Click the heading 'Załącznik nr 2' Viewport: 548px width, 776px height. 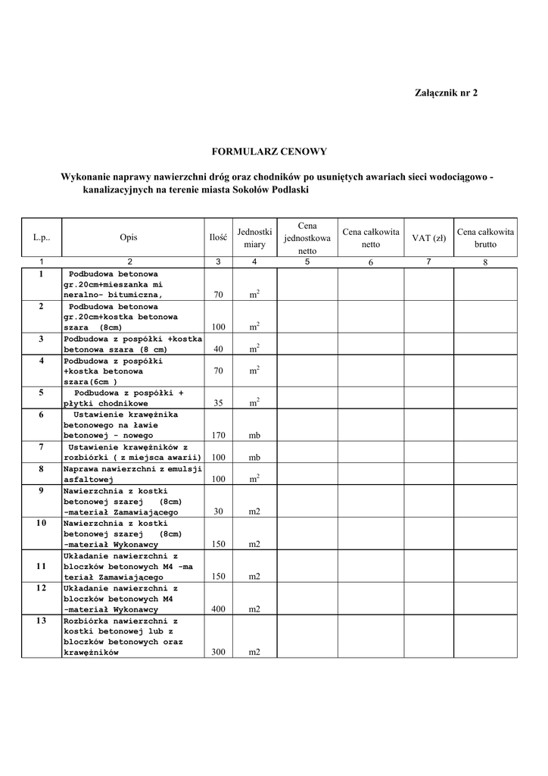point(447,92)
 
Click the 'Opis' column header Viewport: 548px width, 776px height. point(129,238)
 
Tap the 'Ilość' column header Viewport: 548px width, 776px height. point(218,238)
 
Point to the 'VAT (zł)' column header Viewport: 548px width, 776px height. point(428,238)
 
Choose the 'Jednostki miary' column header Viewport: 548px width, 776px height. point(254,238)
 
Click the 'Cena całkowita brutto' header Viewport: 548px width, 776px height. point(485,238)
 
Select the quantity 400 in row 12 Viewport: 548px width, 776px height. point(218,609)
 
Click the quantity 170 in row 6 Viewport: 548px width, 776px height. point(218,436)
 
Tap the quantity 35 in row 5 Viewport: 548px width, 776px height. point(218,403)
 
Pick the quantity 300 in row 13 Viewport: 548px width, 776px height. point(218,652)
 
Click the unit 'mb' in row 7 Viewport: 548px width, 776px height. point(254,458)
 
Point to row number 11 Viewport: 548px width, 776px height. point(41,566)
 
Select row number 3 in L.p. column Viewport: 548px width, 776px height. point(41,339)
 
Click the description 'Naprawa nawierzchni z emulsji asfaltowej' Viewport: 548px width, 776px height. point(132,474)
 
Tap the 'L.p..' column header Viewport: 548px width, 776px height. point(41,238)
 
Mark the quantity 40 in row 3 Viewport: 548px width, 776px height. point(218,349)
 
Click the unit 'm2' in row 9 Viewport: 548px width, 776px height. point(254,512)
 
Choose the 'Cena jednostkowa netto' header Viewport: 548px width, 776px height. point(307,238)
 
